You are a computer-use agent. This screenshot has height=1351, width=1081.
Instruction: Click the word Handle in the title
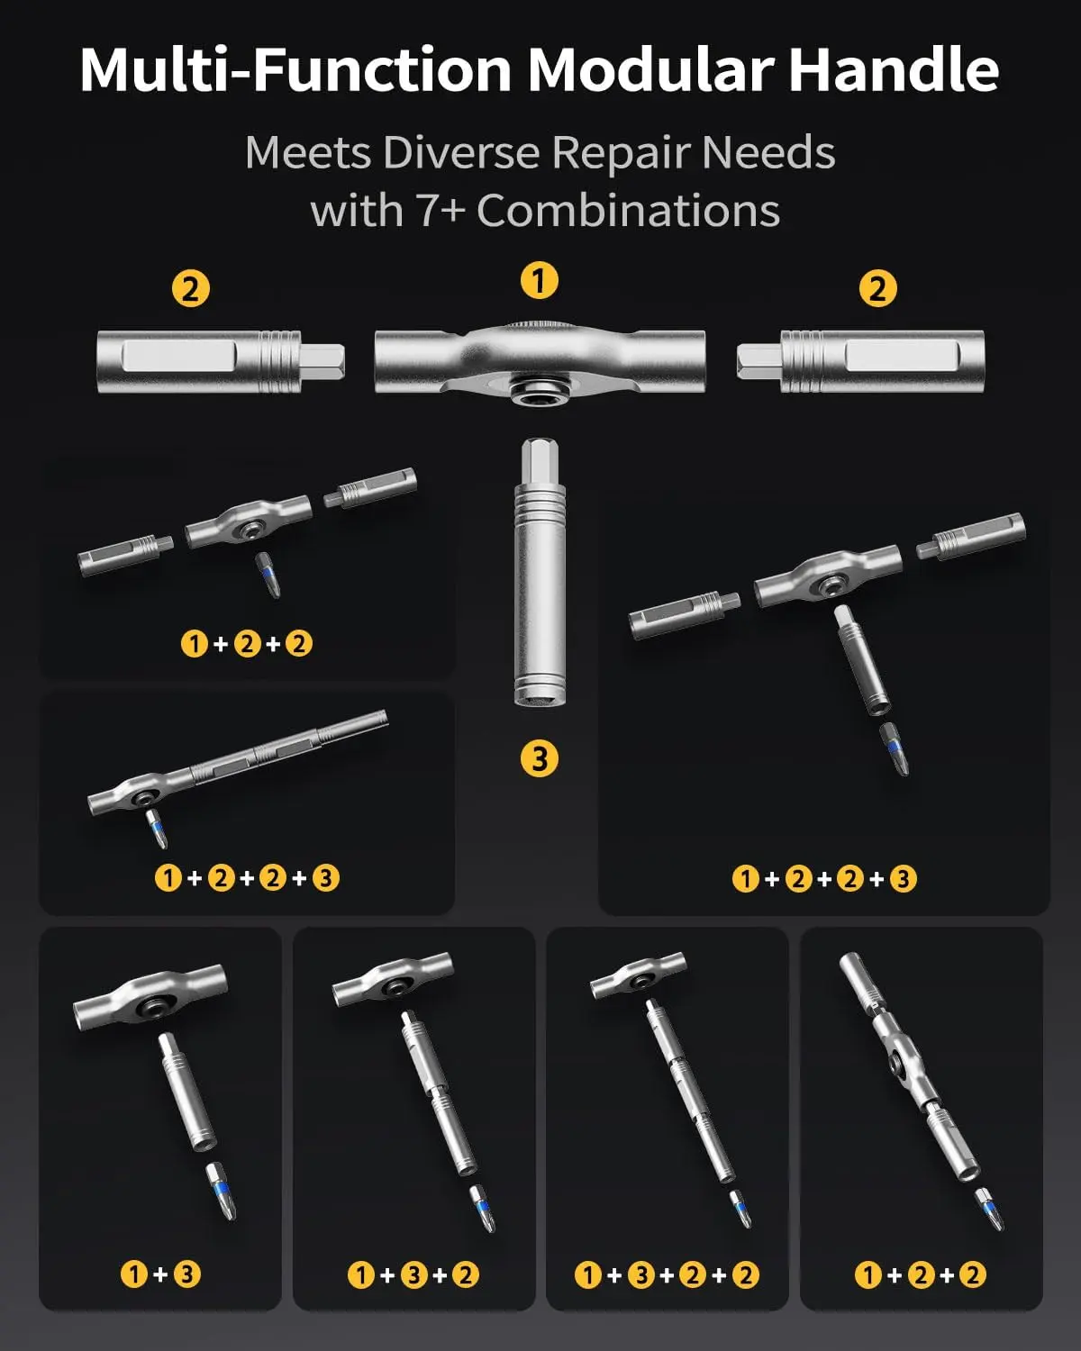tap(894, 69)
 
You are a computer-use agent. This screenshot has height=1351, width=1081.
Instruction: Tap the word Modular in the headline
tap(650, 69)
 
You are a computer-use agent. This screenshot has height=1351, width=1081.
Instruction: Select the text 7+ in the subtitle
tap(441, 211)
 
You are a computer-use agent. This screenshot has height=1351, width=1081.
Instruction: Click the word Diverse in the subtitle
tap(461, 152)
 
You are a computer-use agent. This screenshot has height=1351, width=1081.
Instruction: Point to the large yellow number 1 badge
tap(540, 280)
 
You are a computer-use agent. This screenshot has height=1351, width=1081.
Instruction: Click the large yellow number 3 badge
tap(540, 758)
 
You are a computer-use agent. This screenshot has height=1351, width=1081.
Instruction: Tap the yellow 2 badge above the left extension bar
tap(191, 288)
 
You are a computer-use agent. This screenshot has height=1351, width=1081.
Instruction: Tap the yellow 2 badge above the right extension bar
tap(877, 288)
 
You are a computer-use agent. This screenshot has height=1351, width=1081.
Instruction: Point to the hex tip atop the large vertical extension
tap(540, 462)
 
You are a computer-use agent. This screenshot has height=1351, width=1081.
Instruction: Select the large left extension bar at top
tap(221, 361)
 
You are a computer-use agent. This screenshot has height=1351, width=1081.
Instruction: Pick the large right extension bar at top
tap(860, 361)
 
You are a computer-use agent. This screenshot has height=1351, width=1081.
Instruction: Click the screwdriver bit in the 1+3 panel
tap(221, 1191)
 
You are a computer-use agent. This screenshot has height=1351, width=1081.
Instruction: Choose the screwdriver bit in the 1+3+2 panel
tap(483, 1209)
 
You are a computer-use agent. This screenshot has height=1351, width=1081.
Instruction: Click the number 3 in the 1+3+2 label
tap(414, 1274)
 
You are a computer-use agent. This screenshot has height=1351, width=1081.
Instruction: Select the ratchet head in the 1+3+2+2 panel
tap(638, 975)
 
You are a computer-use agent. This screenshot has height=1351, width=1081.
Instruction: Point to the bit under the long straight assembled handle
tap(157, 829)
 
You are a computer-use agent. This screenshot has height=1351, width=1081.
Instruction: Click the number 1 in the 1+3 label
tap(134, 1274)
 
